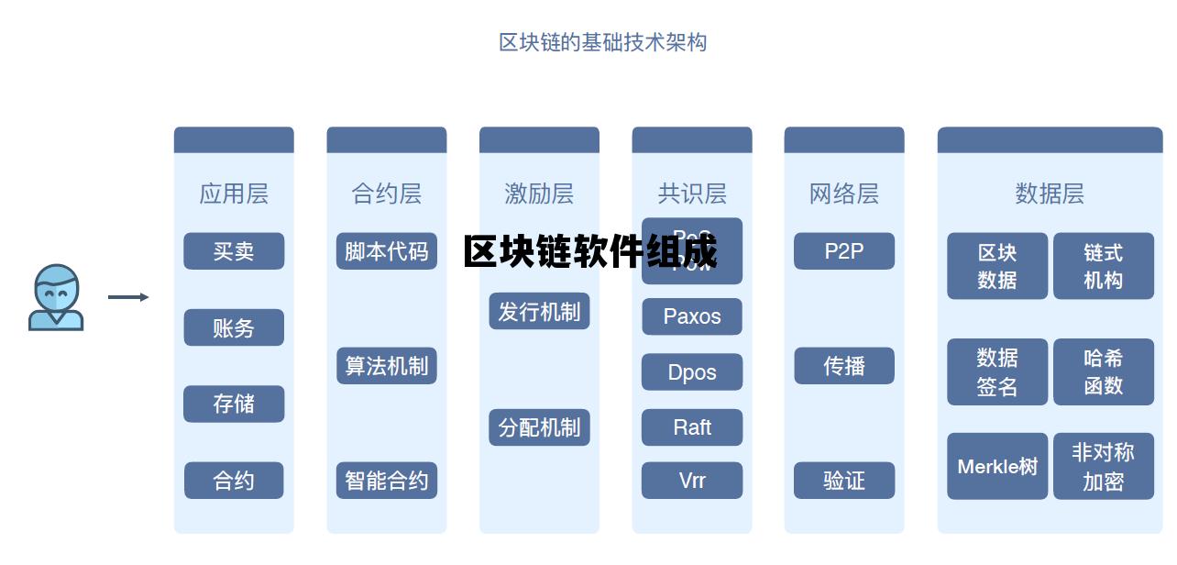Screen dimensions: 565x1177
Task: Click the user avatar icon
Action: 56,297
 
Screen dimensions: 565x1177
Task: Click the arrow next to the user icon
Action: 128,297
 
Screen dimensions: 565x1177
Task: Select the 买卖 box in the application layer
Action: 234,251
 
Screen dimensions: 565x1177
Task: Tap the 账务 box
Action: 234,327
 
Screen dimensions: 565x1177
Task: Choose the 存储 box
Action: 234,404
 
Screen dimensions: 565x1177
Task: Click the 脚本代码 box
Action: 386,251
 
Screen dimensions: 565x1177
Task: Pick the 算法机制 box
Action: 386,366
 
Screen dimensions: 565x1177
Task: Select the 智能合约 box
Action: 386,481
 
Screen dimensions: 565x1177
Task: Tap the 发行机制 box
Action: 539,312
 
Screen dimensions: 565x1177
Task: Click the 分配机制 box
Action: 539,427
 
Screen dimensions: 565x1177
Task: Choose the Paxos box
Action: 692,316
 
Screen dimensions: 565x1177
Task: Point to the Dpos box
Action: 692,372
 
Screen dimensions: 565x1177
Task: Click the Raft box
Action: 692,427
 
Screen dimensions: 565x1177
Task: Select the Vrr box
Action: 692,481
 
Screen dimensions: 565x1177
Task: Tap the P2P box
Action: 844,251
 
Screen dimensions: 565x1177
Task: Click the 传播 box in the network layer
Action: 844,366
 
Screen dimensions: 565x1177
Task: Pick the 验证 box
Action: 844,481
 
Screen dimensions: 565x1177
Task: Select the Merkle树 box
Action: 997,466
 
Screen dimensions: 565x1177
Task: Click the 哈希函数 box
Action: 1104,371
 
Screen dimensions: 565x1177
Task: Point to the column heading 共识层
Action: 692,194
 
